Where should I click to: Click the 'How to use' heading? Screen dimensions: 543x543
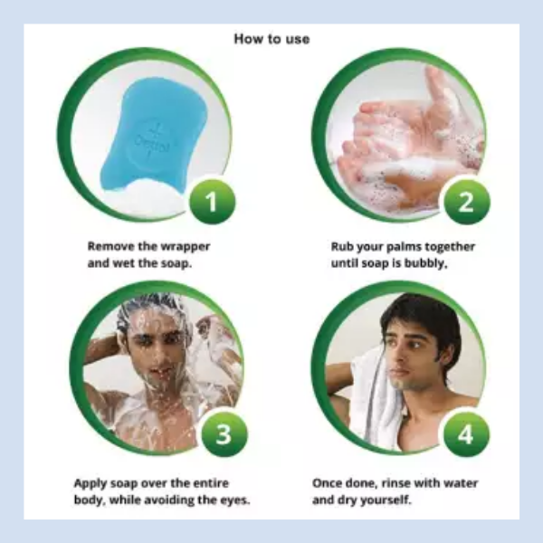tap(271, 39)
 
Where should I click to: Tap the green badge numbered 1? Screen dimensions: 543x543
tap(212, 202)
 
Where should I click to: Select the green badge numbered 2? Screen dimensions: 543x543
tap(466, 202)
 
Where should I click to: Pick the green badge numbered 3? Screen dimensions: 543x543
tap(224, 433)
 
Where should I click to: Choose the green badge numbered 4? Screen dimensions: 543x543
tap(466, 433)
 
